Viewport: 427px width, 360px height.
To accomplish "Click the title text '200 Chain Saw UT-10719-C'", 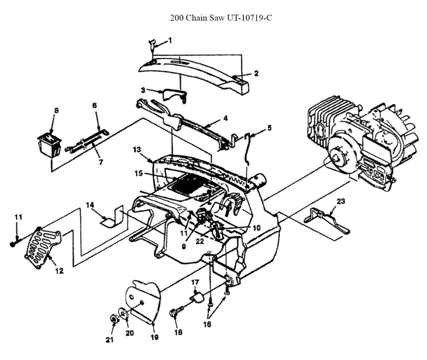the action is click(x=221, y=18).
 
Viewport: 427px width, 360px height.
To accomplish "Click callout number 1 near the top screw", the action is click(x=170, y=41).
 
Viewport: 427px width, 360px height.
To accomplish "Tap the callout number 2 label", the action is click(x=256, y=73).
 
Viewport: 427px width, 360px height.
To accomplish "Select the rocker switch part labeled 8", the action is click(x=49, y=145).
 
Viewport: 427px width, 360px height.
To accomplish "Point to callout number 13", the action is click(x=137, y=149).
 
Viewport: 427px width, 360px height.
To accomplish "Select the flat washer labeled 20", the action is click(x=123, y=314).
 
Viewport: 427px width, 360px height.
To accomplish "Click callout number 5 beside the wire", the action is click(x=269, y=128).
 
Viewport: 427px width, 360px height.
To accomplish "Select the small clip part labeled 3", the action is click(x=175, y=95).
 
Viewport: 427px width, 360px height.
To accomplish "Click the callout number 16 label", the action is click(x=207, y=324).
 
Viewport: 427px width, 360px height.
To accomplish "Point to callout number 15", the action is click(x=139, y=173).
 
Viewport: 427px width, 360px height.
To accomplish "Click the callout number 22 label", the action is click(x=199, y=241).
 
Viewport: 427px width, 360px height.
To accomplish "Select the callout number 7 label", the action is click(x=101, y=162).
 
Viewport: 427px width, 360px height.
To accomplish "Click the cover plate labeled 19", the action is click(x=143, y=302).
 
